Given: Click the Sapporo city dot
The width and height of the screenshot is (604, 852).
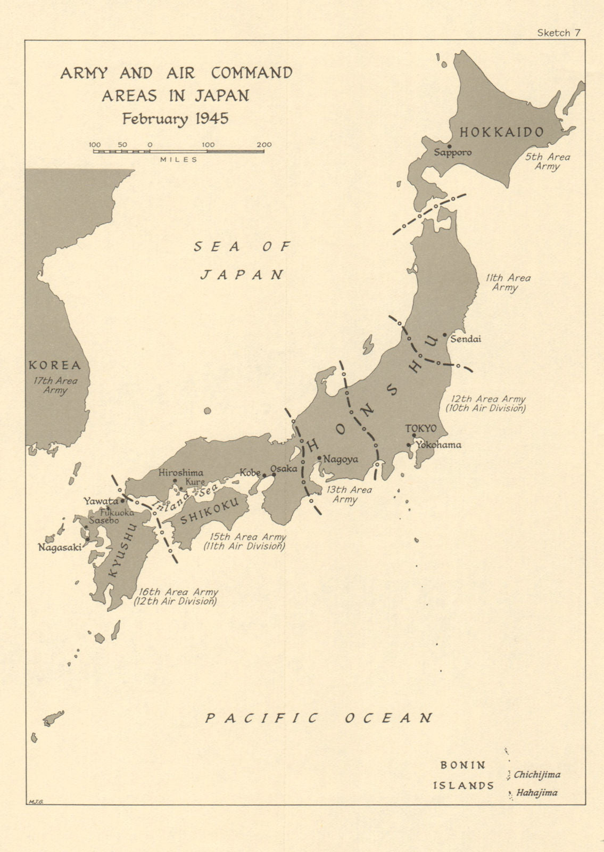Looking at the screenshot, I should coord(450,146).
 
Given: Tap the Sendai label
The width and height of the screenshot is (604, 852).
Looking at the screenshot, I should coord(466,339).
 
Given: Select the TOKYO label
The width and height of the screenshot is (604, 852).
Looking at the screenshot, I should coord(420,428).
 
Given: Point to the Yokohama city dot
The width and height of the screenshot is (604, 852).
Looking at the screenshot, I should coord(409,445).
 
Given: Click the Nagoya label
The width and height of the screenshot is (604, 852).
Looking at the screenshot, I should coord(341,459).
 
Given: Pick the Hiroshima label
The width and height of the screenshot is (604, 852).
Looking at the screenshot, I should coord(180,472).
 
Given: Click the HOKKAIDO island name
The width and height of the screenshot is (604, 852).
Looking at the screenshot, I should coord(502,132).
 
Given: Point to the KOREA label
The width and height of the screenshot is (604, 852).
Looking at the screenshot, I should coord(55,365).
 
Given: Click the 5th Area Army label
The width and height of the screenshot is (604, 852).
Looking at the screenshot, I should coord(548,161).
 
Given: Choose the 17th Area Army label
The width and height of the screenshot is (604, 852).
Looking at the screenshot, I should coord(55,386).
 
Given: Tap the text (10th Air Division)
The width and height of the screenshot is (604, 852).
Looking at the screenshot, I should coord(485,408).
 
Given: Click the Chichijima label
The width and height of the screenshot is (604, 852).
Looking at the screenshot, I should coord(537,775).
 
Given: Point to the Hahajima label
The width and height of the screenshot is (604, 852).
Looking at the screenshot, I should coord(537,792).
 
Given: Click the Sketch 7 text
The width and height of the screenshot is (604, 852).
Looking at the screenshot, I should coord(558,33).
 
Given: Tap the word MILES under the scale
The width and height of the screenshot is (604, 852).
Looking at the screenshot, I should coord(179,159).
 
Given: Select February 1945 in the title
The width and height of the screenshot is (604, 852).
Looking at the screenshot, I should coord(175,118).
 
